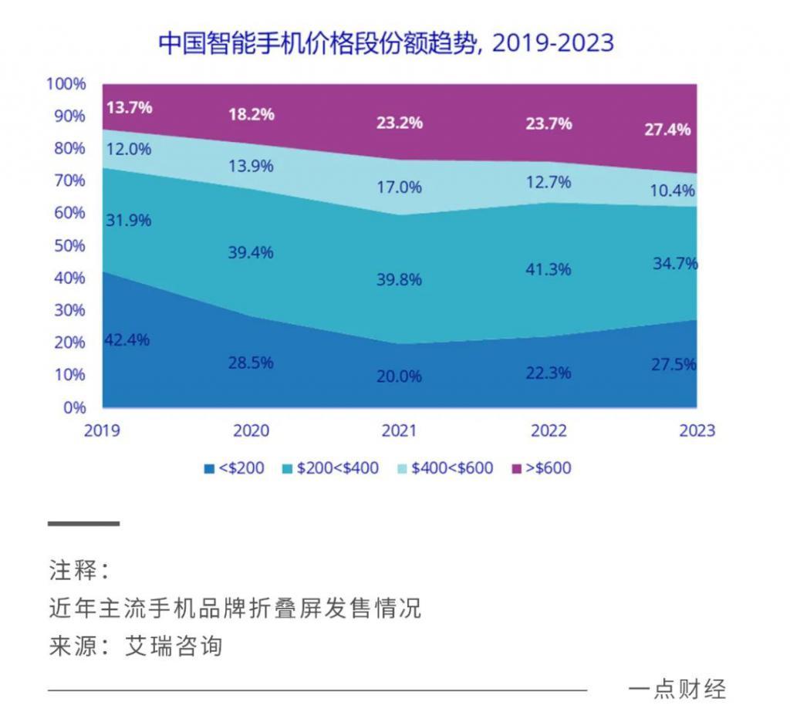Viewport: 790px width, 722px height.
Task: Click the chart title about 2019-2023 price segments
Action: pos(386,42)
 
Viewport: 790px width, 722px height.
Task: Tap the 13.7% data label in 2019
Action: pos(129,107)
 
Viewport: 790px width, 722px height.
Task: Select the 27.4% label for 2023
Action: pos(667,130)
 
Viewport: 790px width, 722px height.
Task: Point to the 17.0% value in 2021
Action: pos(399,187)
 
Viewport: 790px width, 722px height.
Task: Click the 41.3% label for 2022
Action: pos(549,269)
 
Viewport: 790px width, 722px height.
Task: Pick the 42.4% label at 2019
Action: pos(127,339)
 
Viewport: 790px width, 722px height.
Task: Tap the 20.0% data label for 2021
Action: pos(399,376)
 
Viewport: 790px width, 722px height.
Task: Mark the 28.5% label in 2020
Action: pos(251,363)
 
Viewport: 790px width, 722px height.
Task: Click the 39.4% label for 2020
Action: pos(251,252)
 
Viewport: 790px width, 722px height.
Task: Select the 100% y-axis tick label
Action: pos(66,83)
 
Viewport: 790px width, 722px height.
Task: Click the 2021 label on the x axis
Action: pos(399,430)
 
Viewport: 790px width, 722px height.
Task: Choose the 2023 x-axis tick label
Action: pos(697,430)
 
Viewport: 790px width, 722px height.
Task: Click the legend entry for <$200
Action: pos(235,468)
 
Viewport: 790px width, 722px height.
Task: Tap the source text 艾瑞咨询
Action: pos(174,646)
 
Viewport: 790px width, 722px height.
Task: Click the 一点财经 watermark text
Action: pos(677,689)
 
